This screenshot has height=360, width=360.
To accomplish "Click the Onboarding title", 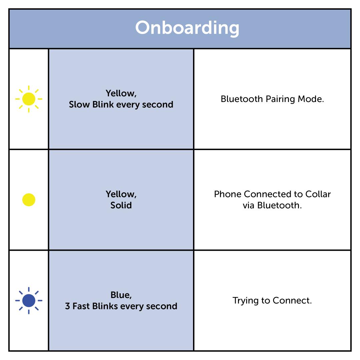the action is (187, 28).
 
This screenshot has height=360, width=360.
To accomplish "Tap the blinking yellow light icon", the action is (29, 99).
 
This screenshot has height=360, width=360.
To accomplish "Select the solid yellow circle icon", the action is (29, 200).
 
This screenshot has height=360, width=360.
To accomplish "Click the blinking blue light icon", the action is (29, 301).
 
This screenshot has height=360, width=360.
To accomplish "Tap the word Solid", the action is (121, 205).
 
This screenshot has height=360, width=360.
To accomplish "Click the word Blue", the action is (120, 295).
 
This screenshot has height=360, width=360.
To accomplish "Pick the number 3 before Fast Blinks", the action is (67, 306).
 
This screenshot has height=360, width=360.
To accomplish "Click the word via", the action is (249, 205).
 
